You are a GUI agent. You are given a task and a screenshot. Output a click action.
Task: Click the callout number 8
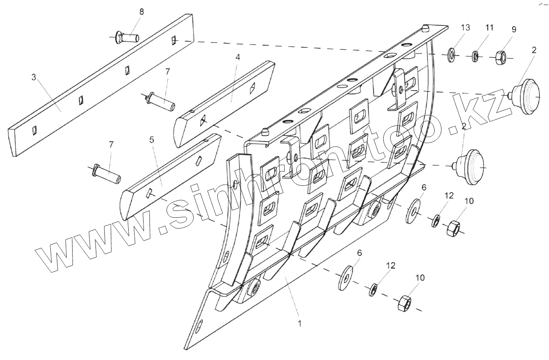click(x=141, y=12)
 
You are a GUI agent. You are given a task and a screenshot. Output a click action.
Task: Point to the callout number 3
click(x=34, y=77)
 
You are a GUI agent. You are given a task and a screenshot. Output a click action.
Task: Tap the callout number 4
click(x=238, y=57)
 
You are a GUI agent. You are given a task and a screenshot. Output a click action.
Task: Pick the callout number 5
click(x=151, y=140)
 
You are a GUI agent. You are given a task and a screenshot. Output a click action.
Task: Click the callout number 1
click(x=299, y=323)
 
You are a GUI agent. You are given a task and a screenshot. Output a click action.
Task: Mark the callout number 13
click(x=466, y=27)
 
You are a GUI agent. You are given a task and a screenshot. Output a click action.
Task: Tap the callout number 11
click(x=489, y=27)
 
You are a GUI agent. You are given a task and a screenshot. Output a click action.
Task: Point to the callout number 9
click(x=514, y=29)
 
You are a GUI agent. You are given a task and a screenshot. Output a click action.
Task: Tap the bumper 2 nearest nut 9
click(x=526, y=95)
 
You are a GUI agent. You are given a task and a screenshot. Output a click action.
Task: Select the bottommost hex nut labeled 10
click(x=404, y=303)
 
